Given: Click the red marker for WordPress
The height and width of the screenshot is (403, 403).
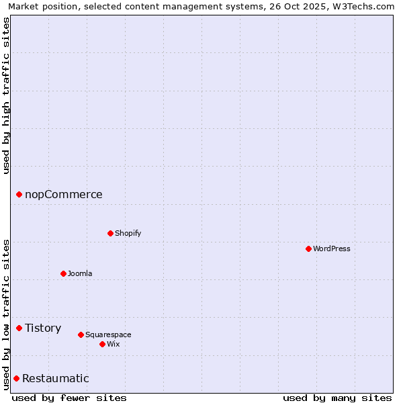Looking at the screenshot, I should coord(308,249).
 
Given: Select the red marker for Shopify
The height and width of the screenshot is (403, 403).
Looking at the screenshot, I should coord(110,233).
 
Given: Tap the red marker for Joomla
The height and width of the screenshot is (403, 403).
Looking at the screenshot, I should coord(63,273).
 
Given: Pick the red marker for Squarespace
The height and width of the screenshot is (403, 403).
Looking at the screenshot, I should coord(81,334).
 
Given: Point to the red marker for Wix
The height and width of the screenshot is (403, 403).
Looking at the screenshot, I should coord(102,344).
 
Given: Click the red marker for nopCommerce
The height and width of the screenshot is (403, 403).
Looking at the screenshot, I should coord(19,194).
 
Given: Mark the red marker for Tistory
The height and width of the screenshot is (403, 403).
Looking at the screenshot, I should coord(19,328).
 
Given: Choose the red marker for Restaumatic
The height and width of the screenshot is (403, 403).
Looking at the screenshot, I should coord(16,378).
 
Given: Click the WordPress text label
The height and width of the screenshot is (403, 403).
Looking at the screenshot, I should coord(332,249).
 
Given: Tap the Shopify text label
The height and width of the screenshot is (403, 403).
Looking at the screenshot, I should coord(128,233).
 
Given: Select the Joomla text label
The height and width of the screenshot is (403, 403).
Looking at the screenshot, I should coord(80,273).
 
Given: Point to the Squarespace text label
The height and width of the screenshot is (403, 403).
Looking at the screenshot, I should coord(108,334).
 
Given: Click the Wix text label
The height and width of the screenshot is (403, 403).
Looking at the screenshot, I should coord(113,344).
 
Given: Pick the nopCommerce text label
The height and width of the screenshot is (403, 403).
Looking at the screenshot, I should coord(64,194).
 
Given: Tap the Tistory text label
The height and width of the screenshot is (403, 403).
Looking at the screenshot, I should coord(43,328).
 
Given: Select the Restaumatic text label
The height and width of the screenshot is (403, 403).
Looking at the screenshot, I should coord(55,378).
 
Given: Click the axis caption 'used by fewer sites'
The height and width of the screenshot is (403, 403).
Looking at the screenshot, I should coord(69,398).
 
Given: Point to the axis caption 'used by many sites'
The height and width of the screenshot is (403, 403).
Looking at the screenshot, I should coord(337,398).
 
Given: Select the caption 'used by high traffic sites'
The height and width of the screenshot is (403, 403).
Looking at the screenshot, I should coord(6,95).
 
